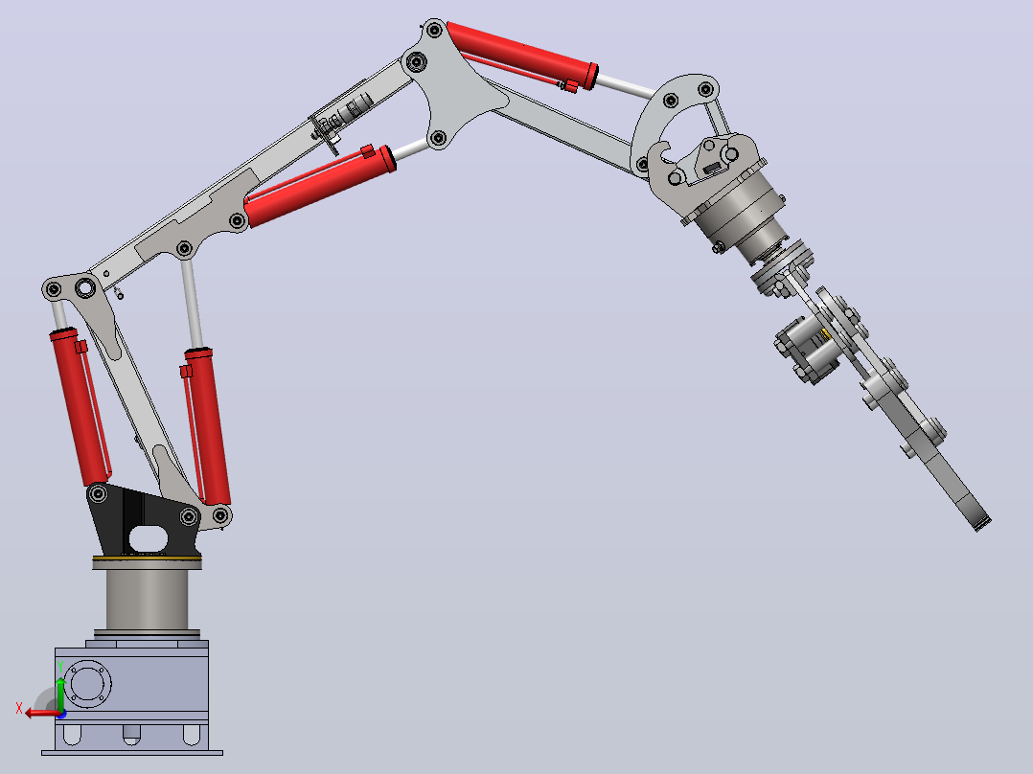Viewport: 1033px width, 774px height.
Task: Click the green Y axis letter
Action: tap(60, 667)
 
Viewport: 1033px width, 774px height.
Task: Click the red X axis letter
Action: tap(19, 709)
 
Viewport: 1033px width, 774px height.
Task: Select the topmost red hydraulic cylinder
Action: tap(522, 56)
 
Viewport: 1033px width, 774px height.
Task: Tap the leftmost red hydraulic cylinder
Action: tap(80, 406)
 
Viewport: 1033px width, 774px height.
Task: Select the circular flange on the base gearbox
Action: tap(87, 684)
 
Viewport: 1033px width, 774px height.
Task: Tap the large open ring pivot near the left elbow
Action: tap(85, 288)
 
